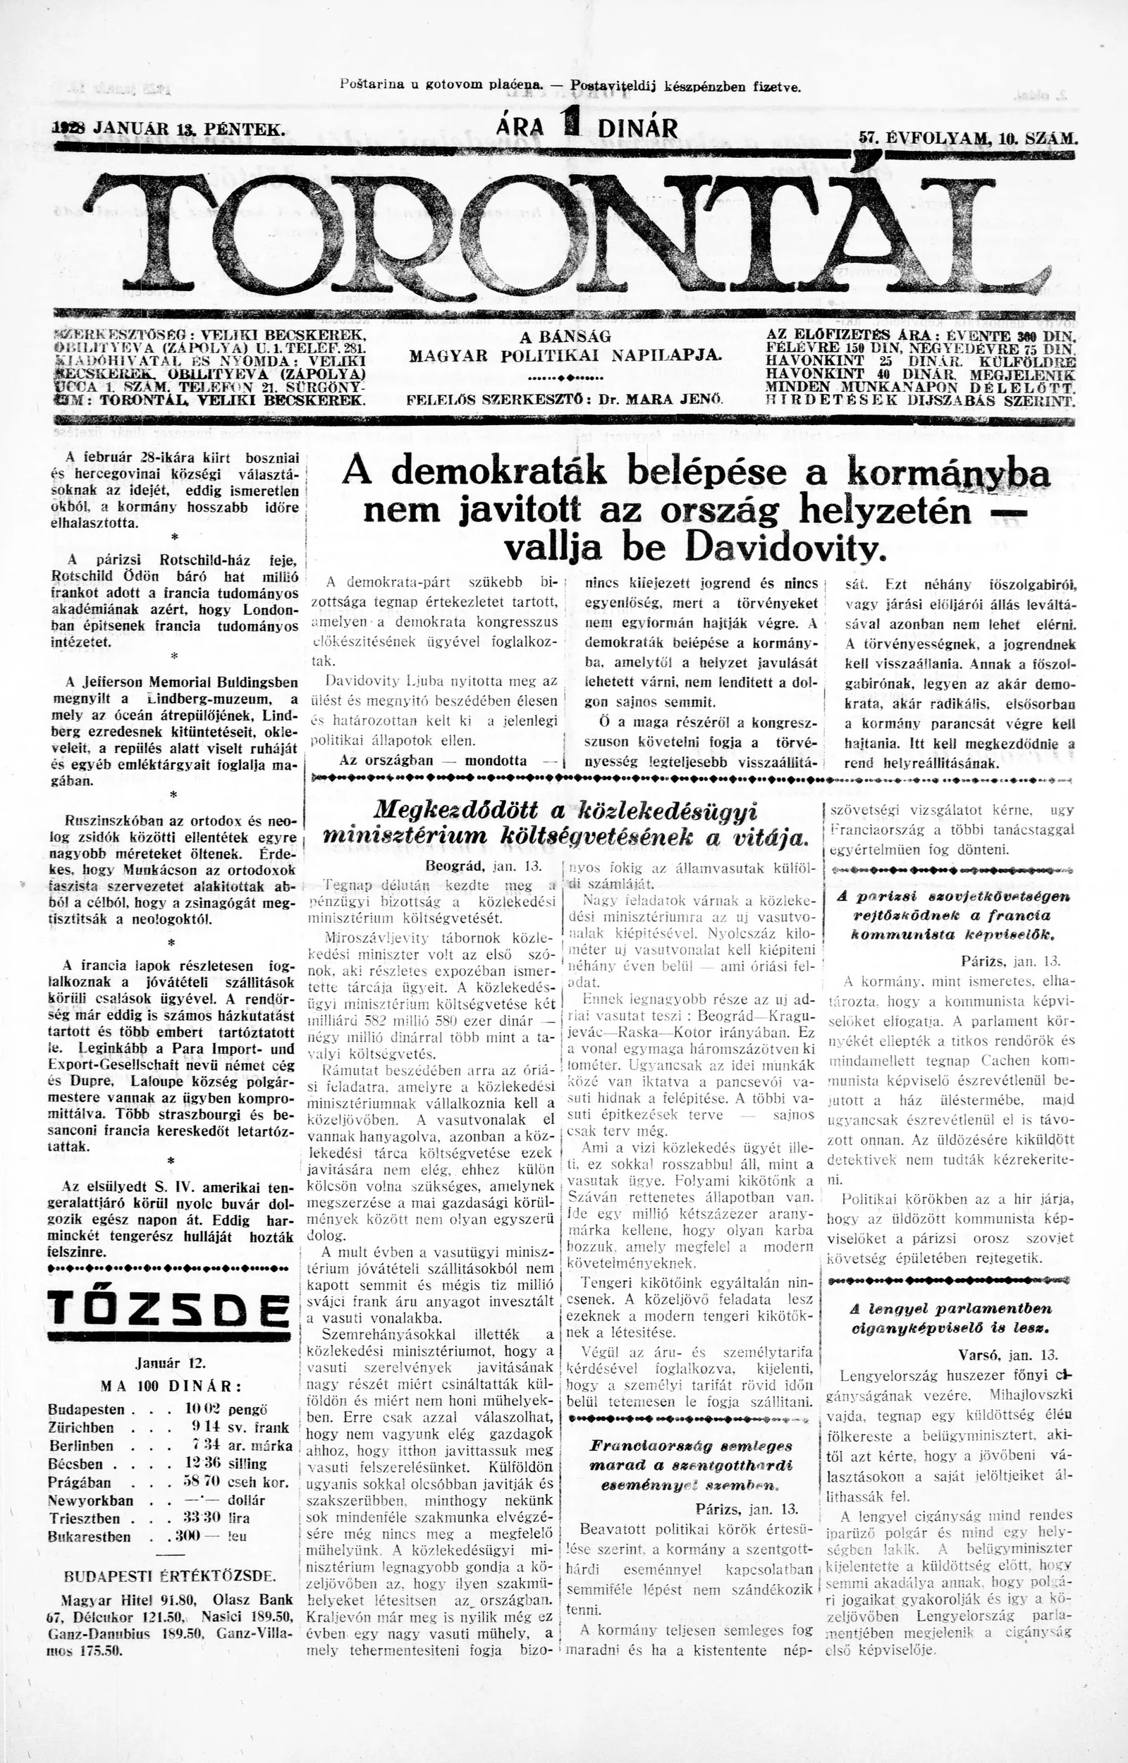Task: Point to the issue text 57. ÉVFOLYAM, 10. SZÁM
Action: coord(967,136)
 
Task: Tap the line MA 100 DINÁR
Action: coord(170,1386)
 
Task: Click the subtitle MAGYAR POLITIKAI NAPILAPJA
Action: coord(565,356)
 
